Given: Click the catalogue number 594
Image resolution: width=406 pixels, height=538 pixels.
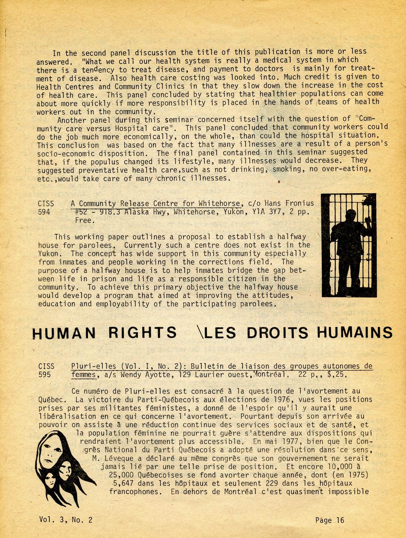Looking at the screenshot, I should point(44,212).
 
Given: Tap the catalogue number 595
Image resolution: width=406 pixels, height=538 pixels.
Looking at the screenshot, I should point(44,375).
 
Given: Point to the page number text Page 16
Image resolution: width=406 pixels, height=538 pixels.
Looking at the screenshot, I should point(329,520).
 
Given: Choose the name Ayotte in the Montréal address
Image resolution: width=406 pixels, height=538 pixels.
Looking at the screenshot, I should point(149,375).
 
